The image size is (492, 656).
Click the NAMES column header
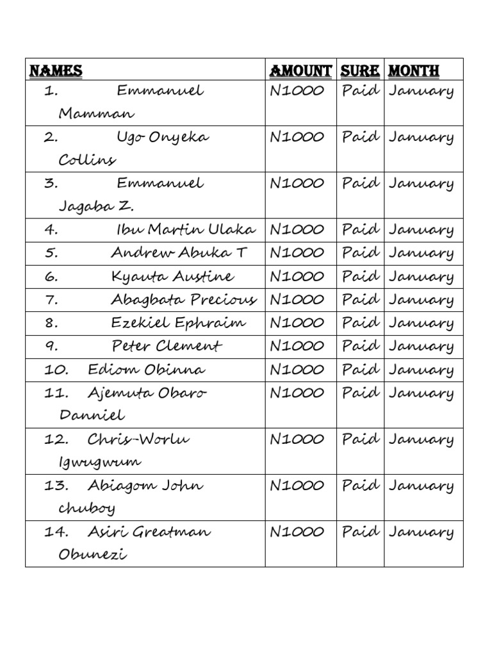[x=56, y=70]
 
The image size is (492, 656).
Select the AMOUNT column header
[x=300, y=70]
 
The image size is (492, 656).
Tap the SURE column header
[x=360, y=70]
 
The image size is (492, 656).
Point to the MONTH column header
[x=414, y=70]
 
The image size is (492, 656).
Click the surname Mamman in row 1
[x=97, y=114]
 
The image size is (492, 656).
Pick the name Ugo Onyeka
[x=163, y=137]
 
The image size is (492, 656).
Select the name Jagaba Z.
[x=97, y=206]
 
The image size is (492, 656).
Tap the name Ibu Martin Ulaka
[x=186, y=229]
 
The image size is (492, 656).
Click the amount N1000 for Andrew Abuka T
[x=297, y=253]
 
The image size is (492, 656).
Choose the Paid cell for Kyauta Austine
[x=360, y=276]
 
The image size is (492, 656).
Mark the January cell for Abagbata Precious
[x=421, y=300]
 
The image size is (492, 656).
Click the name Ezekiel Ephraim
[x=178, y=323]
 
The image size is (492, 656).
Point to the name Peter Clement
[x=167, y=347]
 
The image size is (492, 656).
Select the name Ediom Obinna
[x=147, y=370]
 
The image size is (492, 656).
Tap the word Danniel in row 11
[x=92, y=415]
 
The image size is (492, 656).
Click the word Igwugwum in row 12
[x=100, y=462]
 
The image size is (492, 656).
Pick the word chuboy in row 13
[x=87, y=509]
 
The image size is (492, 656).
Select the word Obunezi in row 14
[x=93, y=555]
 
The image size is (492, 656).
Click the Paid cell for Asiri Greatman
[x=360, y=532]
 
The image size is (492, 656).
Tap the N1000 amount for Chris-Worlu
[x=297, y=439]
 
